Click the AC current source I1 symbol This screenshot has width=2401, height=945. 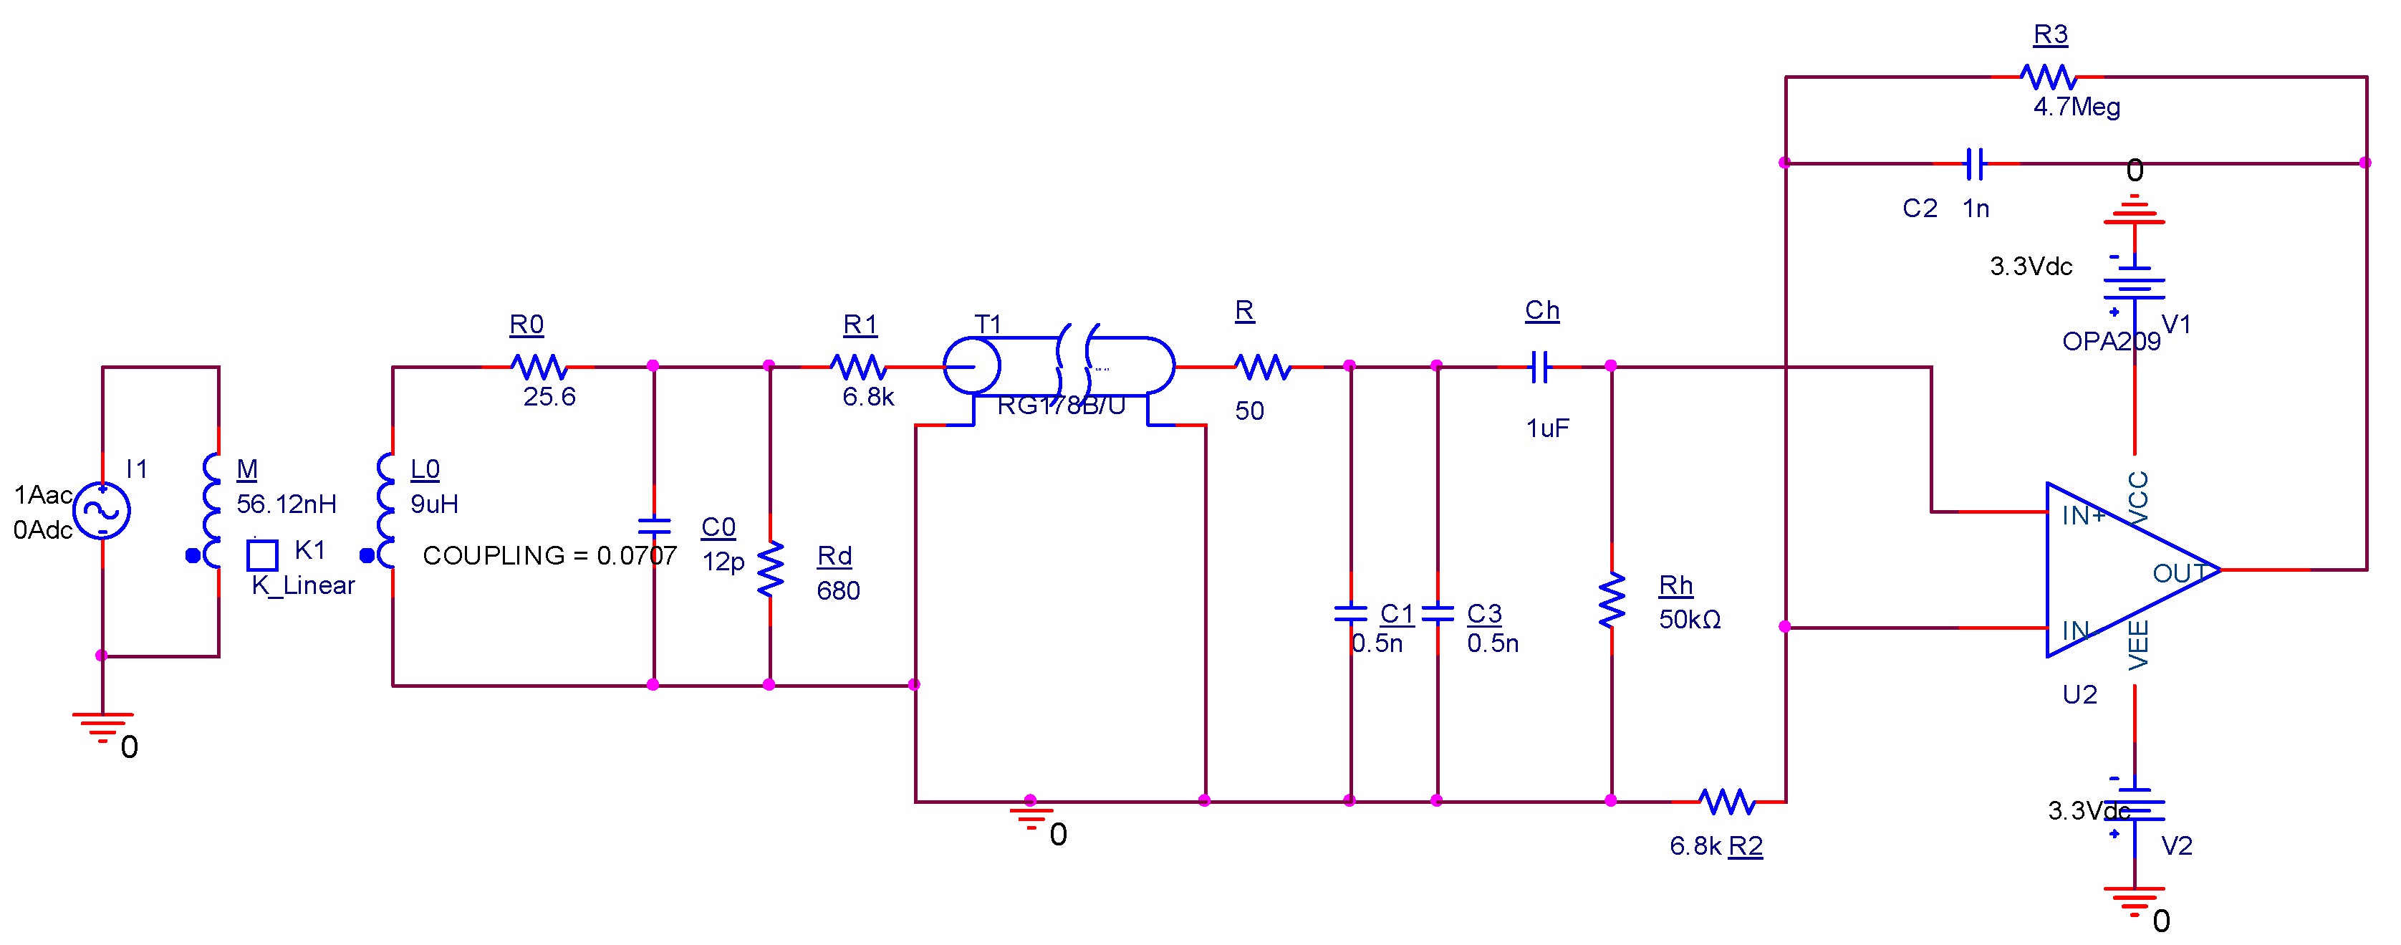(102, 510)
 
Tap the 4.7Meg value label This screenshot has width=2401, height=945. (2076, 107)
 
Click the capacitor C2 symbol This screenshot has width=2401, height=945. (1973, 164)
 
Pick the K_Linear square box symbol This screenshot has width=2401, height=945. (262, 555)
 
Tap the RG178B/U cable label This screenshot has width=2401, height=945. (1061, 406)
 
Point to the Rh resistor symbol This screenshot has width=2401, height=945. (1612, 600)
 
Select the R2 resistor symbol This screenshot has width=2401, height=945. (1726, 800)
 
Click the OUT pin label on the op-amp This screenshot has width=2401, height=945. (2178, 572)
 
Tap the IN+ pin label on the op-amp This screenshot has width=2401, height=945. (2082, 515)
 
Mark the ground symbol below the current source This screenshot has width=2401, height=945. (102, 726)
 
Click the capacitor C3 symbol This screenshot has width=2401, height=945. (1438, 613)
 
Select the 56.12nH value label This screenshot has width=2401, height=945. (286, 504)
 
